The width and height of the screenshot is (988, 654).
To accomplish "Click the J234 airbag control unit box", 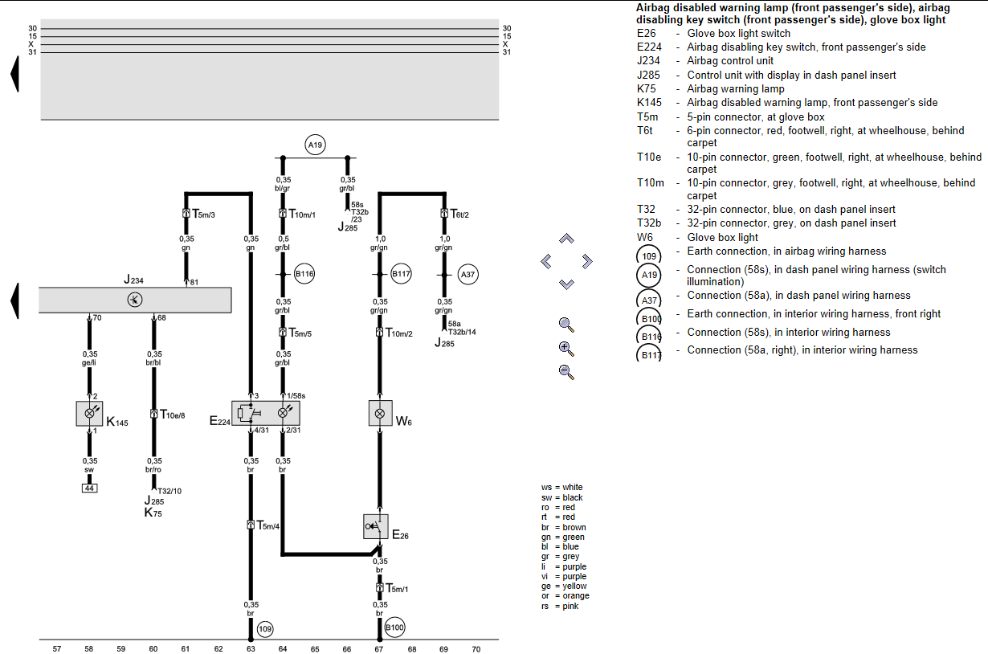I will tap(135, 300).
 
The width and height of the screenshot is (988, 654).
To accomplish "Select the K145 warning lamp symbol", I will tap(89, 413).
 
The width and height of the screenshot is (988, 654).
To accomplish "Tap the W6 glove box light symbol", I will tap(380, 413).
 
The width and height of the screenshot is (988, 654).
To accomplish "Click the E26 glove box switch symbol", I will tap(375, 527).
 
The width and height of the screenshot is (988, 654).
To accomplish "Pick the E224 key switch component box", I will tap(265, 413).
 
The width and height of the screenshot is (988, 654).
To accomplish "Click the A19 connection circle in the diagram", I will tap(314, 145).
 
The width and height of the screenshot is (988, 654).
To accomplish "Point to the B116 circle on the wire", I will tap(304, 274).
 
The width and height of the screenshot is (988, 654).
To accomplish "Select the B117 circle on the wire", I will tap(401, 274).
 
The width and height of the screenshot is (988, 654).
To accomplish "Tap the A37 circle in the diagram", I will tap(467, 274).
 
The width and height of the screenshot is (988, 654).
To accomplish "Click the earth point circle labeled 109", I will tap(266, 629).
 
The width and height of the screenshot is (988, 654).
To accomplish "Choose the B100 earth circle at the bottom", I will tap(394, 627).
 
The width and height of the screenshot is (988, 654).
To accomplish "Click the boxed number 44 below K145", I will tap(89, 488).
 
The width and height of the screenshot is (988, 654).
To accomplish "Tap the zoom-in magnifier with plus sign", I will tap(566, 348).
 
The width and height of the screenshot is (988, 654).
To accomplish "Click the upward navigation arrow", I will tap(566, 239).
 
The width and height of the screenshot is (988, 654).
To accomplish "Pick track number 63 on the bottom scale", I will tap(251, 648).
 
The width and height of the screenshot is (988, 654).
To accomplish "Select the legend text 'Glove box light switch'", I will tap(738, 33).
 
